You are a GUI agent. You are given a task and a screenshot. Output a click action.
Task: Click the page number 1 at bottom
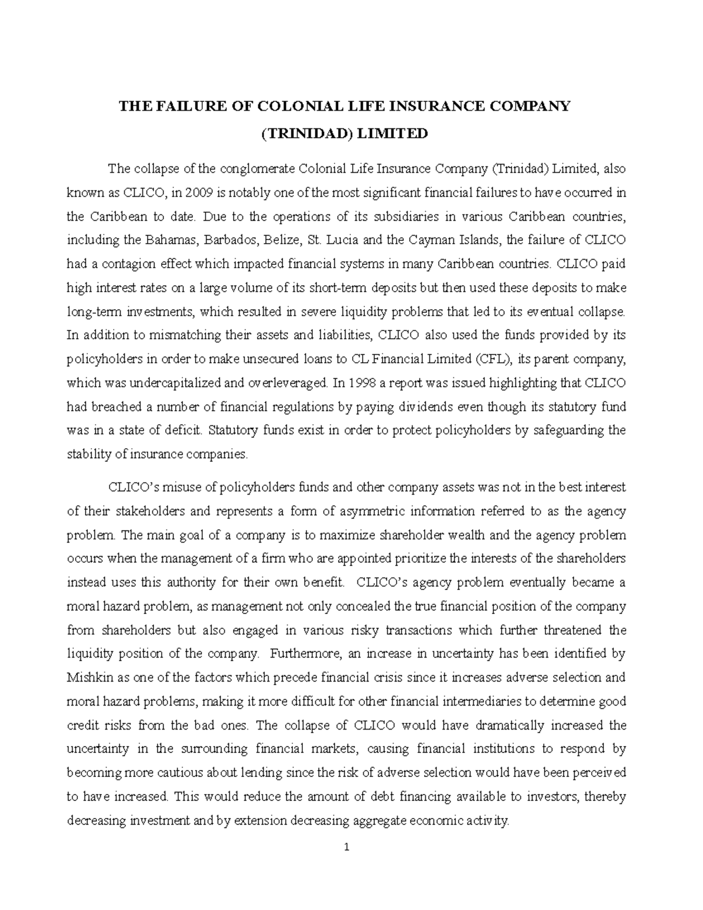pos(347,847)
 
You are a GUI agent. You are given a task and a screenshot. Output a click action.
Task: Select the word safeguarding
pos(568,430)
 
